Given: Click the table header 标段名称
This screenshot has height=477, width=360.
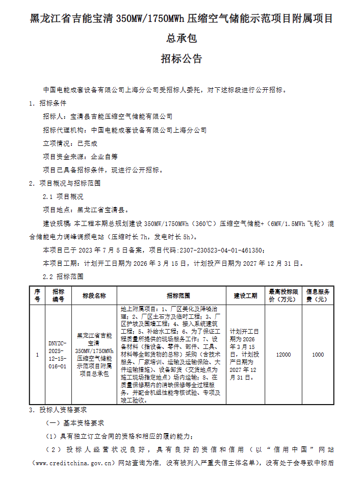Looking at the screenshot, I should pos(94,296).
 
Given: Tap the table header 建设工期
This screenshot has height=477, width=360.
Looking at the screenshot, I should pos(245,296).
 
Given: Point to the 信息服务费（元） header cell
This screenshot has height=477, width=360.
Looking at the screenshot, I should pos(318,296).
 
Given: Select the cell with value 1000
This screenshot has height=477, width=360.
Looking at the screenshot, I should pos(318,355).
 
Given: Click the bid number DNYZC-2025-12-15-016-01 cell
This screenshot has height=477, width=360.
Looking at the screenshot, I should pos(57,355).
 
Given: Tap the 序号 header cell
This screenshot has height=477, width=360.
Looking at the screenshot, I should pos(37,296).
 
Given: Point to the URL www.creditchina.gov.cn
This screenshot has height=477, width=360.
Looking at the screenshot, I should pos(72,463).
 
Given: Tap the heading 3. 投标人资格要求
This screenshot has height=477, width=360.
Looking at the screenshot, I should pos(59,410).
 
